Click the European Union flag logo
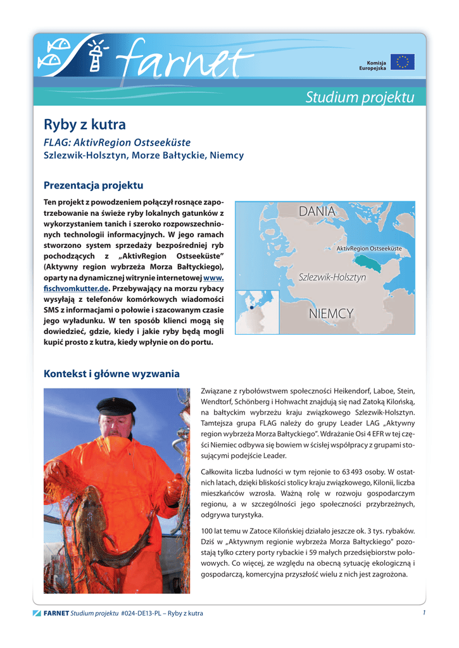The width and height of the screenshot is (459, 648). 403,62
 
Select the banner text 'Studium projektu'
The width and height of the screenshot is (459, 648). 360,97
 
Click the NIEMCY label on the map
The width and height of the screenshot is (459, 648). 331,314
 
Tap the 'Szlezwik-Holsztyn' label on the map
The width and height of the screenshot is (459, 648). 332,278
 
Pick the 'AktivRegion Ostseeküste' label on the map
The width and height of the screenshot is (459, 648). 368,249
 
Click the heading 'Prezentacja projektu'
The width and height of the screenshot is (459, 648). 93,185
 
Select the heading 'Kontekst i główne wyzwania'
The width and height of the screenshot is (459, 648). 111,374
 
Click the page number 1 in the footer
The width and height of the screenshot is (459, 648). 423,613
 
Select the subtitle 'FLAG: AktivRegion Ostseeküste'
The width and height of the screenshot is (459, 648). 116,142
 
